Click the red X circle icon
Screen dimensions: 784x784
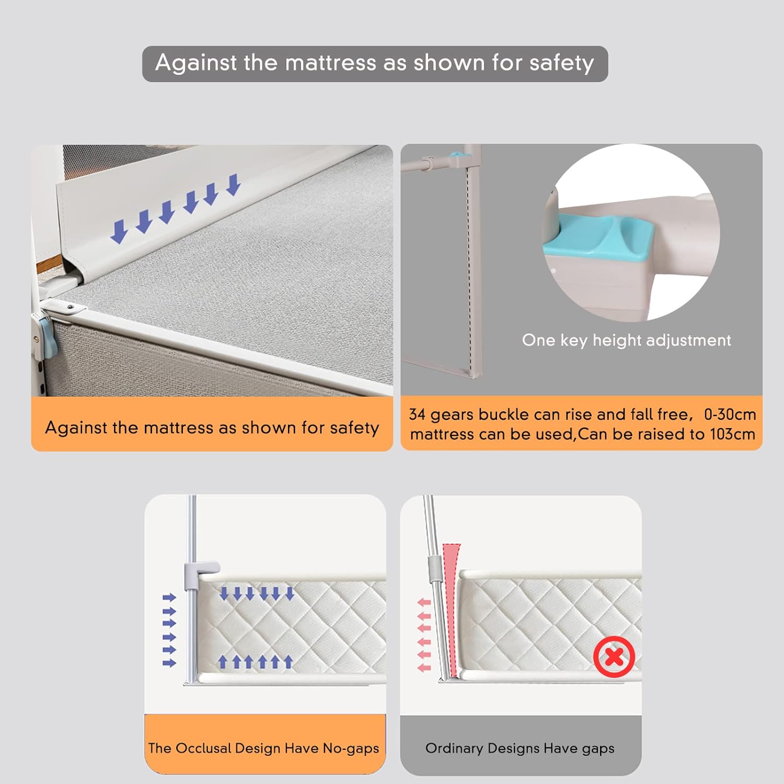614,656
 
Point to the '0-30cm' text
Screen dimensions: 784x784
730,414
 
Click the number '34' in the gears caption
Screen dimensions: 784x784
417,414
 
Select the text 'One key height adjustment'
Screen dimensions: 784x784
626,340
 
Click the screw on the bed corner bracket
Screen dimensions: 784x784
70,308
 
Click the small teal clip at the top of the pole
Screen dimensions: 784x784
458,156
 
